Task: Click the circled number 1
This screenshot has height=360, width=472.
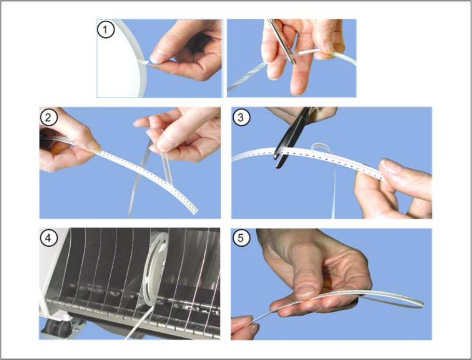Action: click(106, 30)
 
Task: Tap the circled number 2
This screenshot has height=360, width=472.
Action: click(48, 117)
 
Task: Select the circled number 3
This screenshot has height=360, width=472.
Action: click(241, 117)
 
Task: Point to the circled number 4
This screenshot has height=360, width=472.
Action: click(48, 238)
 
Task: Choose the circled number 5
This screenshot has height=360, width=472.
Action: click(241, 238)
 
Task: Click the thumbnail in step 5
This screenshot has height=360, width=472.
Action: click(305, 289)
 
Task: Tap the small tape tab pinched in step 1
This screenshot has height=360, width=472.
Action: click(144, 61)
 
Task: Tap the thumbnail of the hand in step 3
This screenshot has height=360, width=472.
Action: click(389, 166)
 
